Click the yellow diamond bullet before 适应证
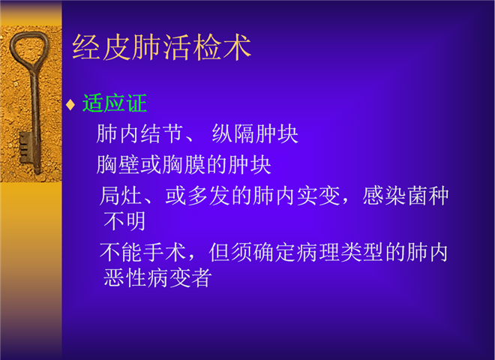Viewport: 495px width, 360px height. [x=70, y=104]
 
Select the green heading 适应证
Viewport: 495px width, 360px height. [x=115, y=103]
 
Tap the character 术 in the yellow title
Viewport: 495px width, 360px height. [x=237, y=47]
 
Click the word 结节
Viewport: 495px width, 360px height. [x=162, y=133]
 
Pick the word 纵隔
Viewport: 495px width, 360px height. [x=233, y=133]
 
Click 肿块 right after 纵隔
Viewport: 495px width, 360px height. [x=277, y=133]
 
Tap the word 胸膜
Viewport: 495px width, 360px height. [x=184, y=164]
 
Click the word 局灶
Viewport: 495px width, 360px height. [x=121, y=196]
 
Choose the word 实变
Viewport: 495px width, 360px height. [x=318, y=196]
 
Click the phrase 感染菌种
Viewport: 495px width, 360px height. [x=405, y=196]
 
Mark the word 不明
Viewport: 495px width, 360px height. [x=124, y=221]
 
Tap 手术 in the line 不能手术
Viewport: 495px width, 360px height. [x=164, y=252]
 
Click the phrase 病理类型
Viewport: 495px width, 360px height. [x=340, y=252]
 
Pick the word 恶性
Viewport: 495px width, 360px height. [x=124, y=277]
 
